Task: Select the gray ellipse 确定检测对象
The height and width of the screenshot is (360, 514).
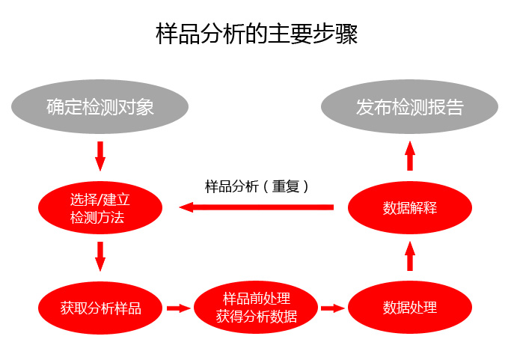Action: coord(100,107)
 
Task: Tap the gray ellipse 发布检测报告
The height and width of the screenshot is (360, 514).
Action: coord(409,107)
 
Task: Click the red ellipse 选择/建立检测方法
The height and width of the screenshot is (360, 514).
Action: coord(100,208)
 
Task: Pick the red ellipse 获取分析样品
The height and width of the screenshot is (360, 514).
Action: coord(100,307)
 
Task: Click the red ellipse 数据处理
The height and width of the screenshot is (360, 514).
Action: coord(409,307)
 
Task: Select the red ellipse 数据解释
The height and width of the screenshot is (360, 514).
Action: coord(409,207)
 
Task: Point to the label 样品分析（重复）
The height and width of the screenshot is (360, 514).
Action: coord(257,186)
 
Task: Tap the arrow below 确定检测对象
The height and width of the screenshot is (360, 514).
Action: coord(100,155)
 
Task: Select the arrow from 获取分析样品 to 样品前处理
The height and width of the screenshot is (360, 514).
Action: coord(178,308)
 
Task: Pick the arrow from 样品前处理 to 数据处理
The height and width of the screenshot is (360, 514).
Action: coord(333,308)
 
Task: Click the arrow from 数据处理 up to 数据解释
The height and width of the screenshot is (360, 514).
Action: coord(409,257)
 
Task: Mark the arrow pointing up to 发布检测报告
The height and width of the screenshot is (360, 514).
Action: coord(409,156)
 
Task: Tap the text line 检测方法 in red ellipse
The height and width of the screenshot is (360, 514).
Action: coord(97,218)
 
